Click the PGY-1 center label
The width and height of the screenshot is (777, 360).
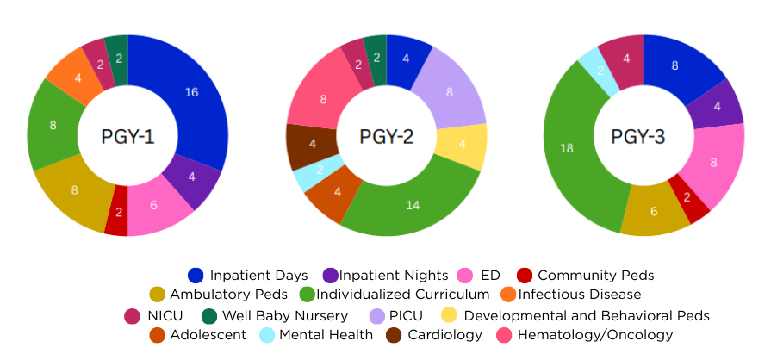click(x=127, y=136)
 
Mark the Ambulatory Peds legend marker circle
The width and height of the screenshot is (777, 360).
click(x=157, y=295)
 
